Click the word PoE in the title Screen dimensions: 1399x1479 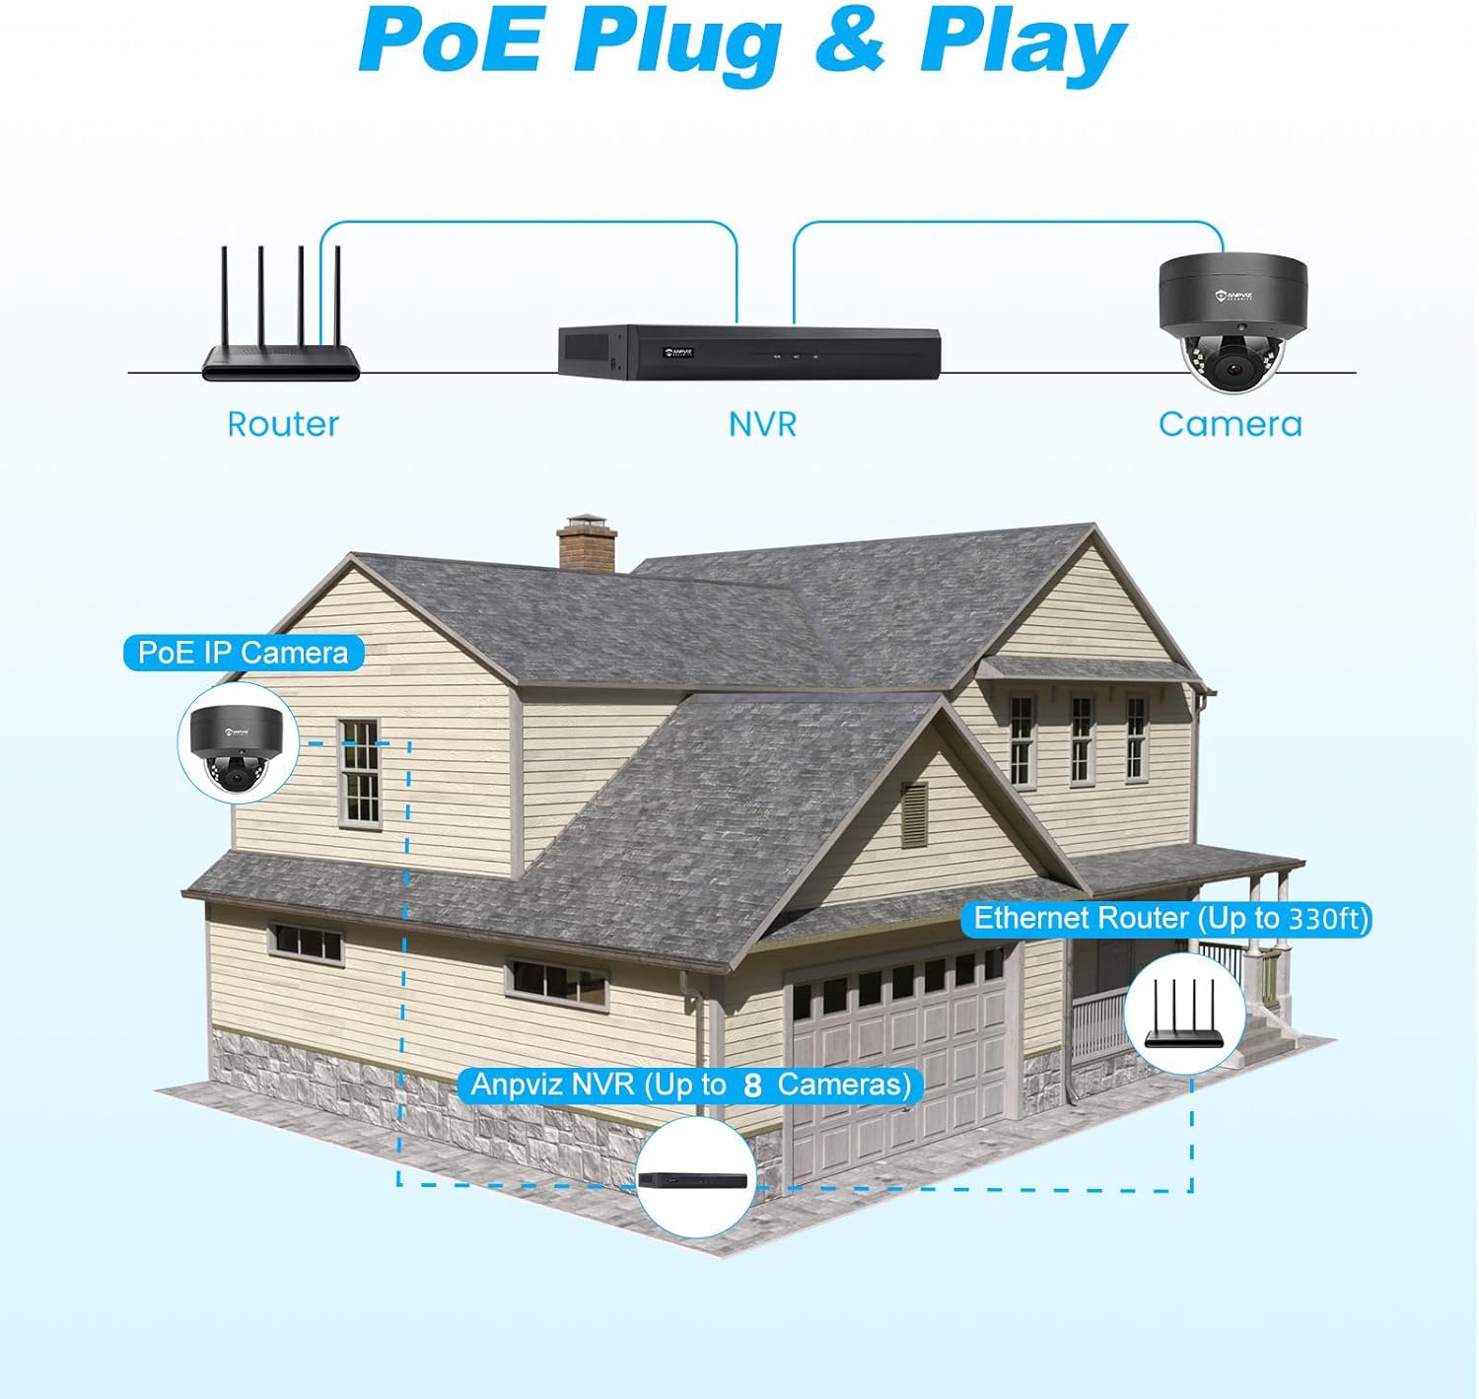(x=450, y=41)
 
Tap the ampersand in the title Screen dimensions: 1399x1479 (x=850, y=41)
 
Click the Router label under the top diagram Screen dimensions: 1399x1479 (x=283, y=424)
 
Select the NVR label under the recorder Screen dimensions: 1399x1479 (x=762, y=424)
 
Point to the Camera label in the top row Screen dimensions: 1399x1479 (x=1230, y=424)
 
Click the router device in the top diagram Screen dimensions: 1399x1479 (x=281, y=325)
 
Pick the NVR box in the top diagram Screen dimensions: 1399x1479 (x=749, y=351)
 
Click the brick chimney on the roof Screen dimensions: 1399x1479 (x=587, y=544)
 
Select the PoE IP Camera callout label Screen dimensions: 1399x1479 (x=243, y=653)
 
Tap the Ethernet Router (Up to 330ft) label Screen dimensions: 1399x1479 (x=1170, y=919)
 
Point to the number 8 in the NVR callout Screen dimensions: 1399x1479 (x=753, y=1085)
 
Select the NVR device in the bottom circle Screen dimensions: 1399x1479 (x=694, y=1179)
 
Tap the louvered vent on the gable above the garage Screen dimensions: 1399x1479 (x=914, y=814)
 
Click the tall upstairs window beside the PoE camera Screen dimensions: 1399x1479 (x=359, y=774)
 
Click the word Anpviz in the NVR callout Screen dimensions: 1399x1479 (x=518, y=1084)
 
